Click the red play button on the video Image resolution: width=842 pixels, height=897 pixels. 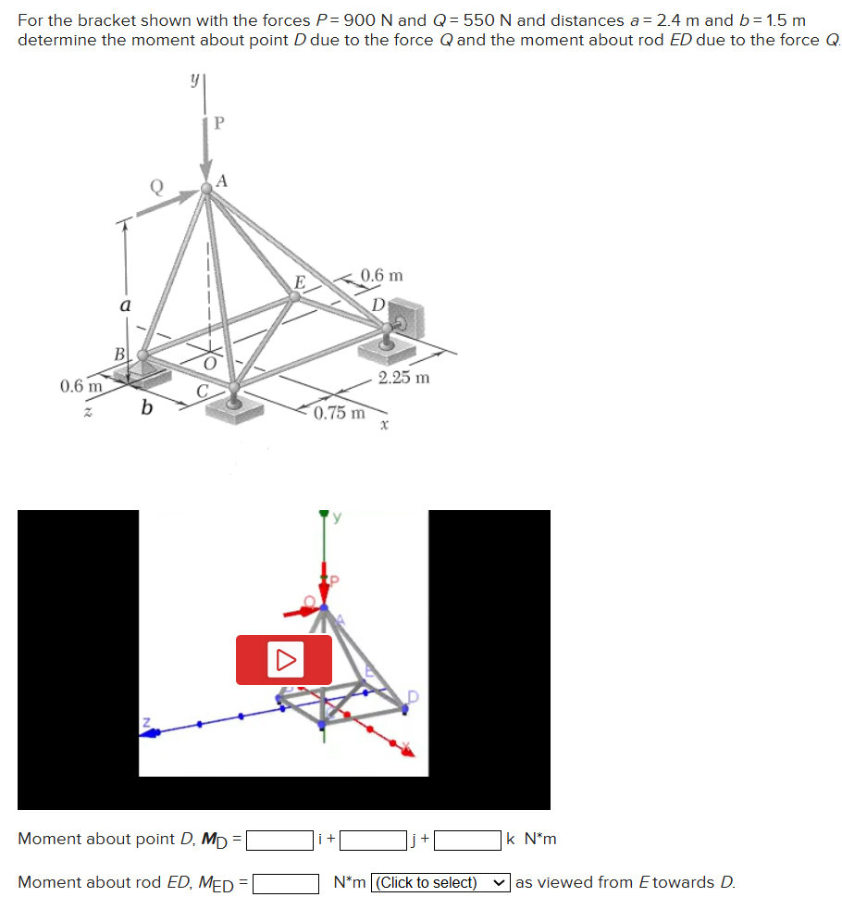click(283, 660)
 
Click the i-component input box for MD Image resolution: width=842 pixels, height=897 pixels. click(279, 841)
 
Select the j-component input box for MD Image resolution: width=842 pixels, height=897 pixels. click(373, 841)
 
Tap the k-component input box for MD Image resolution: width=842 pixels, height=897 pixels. click(467, 841)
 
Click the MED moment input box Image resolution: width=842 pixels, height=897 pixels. click(286, 884)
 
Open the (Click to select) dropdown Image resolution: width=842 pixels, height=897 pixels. click(440, 883)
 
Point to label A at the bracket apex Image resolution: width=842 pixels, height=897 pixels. click(222, 181)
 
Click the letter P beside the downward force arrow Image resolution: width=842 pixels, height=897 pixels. click(219, 122)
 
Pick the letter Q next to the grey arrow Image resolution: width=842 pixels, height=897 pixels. click(156, 186)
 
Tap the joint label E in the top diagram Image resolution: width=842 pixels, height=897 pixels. click(300, 282)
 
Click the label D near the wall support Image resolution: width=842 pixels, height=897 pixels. click(378, 305)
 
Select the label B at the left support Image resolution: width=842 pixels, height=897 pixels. click(119, 355)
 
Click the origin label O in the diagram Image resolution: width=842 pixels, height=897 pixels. click(210, 364)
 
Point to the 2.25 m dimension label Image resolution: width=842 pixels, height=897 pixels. click(403, 378)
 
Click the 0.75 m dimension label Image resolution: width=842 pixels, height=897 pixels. click(339, 413)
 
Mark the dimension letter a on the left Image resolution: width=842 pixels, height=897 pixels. click(125, 305)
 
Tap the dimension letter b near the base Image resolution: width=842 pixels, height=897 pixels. click(147, 407)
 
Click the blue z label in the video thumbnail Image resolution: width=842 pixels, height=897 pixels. click(146, 722)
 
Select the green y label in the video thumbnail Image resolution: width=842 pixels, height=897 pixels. click(337, 517)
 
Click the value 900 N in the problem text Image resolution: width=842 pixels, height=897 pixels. click(367, 20)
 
